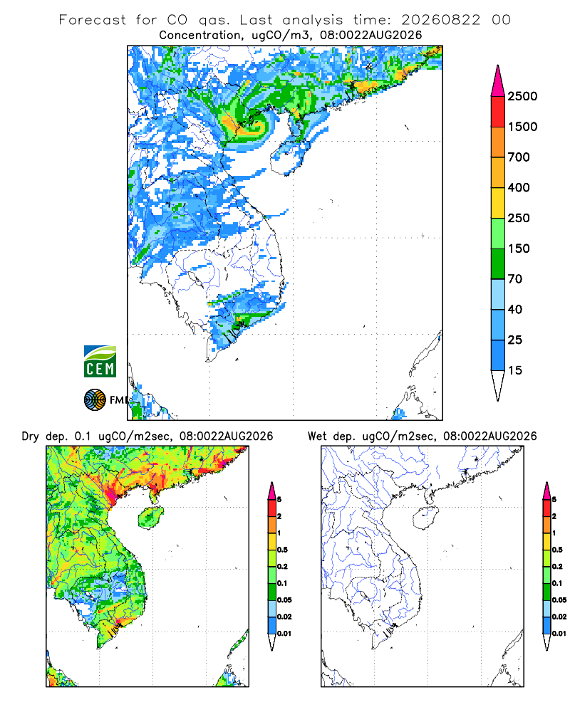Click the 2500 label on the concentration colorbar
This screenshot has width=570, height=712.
click(522, 96)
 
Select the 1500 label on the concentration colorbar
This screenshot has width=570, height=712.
click(522, 127)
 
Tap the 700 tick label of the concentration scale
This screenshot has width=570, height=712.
click(519, 157)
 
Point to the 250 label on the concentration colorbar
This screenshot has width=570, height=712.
click(519, 218)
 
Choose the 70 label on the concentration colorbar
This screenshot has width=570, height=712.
click(515, 279)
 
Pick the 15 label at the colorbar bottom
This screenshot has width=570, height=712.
click(515, 370)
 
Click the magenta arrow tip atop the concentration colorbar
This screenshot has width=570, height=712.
click(498, 66)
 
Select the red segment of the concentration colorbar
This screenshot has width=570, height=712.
click(498, 111)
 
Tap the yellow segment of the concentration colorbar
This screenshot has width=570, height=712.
click(498, 202)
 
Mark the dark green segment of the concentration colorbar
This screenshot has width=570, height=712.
click(498, 263)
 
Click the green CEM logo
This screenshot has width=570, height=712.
click(100, 362)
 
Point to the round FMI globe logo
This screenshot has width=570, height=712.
click(95, 400)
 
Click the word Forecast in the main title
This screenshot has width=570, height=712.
click(93, 20)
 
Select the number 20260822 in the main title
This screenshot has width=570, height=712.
click(440, 20)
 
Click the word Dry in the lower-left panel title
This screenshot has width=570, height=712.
click(31, 436)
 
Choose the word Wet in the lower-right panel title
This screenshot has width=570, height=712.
click(317, 436)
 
